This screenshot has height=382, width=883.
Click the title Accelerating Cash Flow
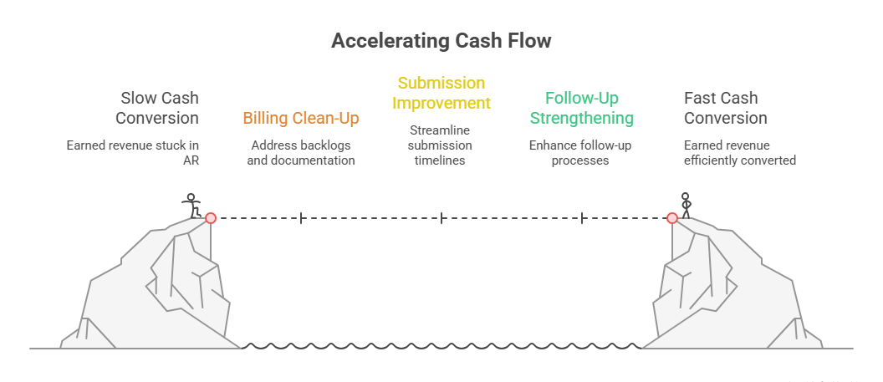(x=441, y=41)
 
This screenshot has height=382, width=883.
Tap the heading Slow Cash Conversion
(x=157, y=108)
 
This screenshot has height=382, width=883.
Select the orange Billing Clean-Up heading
(x=301, y=118)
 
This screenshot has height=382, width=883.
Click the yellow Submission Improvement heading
(x=441, y=93)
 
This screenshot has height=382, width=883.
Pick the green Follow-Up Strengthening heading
(x=581, y=108)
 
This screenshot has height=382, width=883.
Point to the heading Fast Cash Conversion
(x=725, y=108)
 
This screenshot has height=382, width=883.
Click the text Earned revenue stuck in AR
(x=133, y=152)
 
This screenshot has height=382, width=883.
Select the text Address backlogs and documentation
(x=301, y=152)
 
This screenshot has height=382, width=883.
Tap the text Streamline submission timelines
(x=441, y=145)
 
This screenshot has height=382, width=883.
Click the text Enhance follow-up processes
(x=580, y=152)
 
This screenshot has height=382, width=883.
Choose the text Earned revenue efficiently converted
(x=739, y=152)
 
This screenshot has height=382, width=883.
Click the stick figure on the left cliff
(x=191, y=205)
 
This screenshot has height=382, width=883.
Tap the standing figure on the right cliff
(x=686, y=205)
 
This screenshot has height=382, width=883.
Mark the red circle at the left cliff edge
(x=211, y=217)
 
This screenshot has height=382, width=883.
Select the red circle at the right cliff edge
(x=671, y=217)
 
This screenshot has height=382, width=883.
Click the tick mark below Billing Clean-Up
(x=301, y=217)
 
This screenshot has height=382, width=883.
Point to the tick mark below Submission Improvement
(x=441, y=217)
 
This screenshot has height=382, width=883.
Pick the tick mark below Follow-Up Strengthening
(x=581, y=217)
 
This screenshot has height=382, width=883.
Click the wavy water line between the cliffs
(x=441, y=345)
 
